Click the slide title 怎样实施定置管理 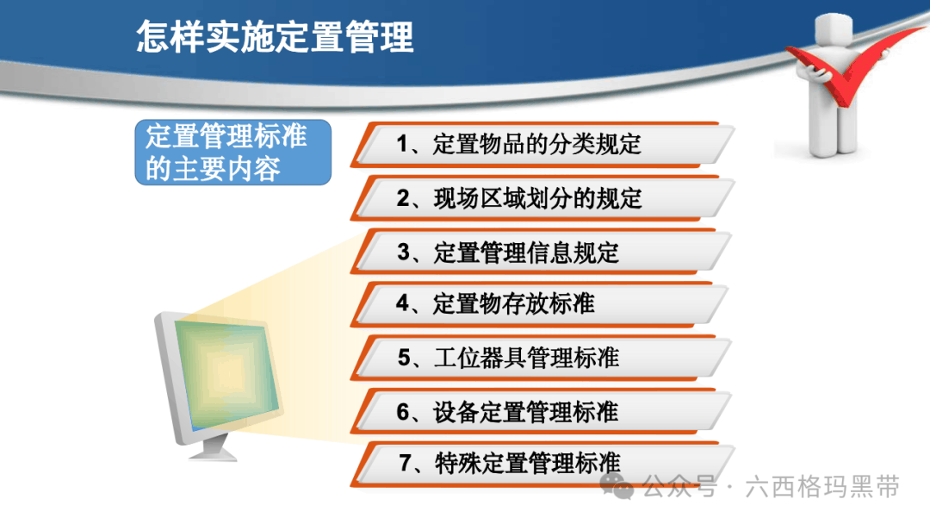pos(275,37)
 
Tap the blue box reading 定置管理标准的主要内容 pos(233,153)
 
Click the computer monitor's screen pos(228,373)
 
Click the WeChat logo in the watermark pos(617,486)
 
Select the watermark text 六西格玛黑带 pos(822,487)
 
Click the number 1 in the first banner pos(402,144)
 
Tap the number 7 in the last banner pos(405,463)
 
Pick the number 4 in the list pos(403,303)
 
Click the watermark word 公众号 pos(679,487)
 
